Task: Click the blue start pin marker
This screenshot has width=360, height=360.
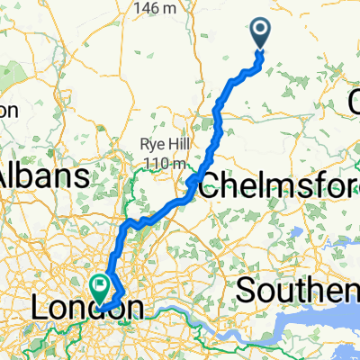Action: coord(261,34)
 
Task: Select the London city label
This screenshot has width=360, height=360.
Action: coord(86,309)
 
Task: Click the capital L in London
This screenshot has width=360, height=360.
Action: coord(40,309)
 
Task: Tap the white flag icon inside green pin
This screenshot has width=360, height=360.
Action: coord(99,286)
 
